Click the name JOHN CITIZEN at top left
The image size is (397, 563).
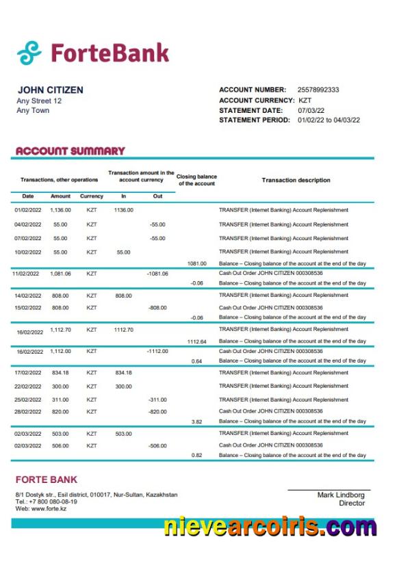[x=51, y=90]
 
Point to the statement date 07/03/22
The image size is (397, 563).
[x=311, y=110]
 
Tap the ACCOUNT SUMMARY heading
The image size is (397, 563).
[x=70, y=150]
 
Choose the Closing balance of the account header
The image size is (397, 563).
[x=196, y=180]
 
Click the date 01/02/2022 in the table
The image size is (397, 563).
[x=28, y=210]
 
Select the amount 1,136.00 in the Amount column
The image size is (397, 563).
[x=61, y=210]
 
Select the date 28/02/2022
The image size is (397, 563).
[x=28, y=412]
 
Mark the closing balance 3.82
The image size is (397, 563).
[x=196, y=421]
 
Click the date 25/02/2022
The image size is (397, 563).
[x=28, y=400]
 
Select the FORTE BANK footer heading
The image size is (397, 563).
[x=47, y=480]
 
